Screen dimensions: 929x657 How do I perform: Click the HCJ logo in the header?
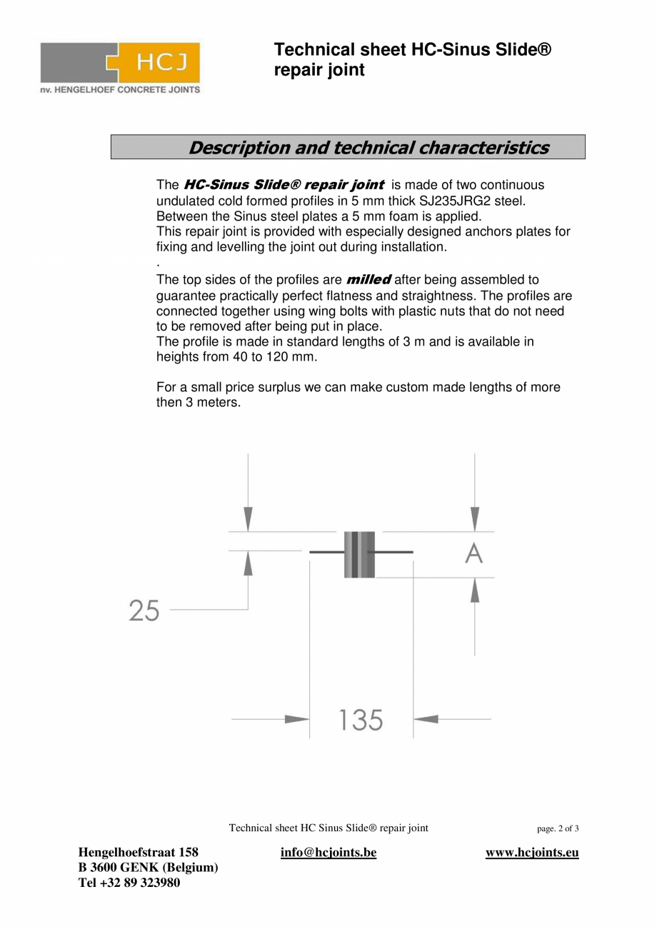click(x=120, y=63)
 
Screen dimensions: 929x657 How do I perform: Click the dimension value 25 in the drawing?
click(x=144, y=611)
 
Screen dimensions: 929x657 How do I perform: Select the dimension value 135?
click(x=361, y=720)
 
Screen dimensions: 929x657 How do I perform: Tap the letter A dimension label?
click(x=473, y=553)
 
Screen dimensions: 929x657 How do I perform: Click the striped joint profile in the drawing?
click(x=359, y=555)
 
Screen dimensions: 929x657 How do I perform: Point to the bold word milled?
click(x=368, y=279)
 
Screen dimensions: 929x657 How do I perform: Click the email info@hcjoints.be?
click(x=328, y=853)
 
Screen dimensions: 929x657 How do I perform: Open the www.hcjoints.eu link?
click(x=532, y=853)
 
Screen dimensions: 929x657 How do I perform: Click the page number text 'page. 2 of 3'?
click(x=558, y=829)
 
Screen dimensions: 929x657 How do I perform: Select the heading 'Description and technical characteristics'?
click(x=368, y=148)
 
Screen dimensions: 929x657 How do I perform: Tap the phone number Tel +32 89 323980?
click(x=129, y=883)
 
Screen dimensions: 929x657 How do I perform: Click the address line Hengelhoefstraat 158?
click(x=138, y=853)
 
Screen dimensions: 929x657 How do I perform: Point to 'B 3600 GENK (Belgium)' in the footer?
click(x=148, y=868)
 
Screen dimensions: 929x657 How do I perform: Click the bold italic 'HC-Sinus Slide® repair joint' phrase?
click(x=284, y=185)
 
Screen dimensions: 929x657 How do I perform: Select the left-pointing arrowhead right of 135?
click(x=426, y=719)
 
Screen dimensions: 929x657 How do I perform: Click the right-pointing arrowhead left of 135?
click(x=296, y=719)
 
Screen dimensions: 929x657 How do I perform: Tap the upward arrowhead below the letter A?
click(x=475, y=591)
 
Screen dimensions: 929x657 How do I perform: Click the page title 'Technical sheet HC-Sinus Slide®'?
click(x=413, y=50)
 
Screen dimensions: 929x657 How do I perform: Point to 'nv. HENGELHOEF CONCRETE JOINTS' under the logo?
click(x=120, y=90)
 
